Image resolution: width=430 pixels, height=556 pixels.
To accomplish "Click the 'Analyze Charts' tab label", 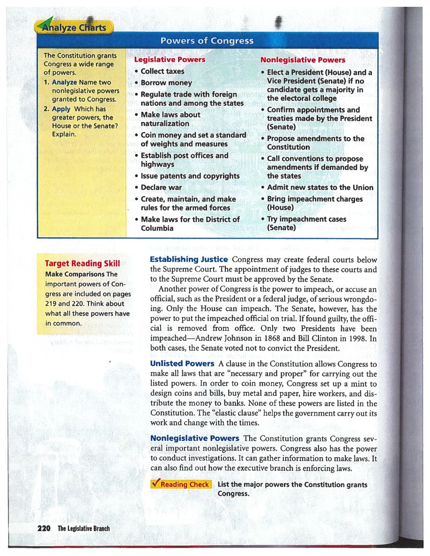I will [x=75, y=27].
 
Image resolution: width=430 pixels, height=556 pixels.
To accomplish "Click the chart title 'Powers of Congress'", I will [x=207, y=41].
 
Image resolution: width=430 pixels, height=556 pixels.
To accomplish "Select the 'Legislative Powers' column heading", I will [x=170, y=60].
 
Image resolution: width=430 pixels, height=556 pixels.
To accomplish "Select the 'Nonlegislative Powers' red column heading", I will [x=303, y=60].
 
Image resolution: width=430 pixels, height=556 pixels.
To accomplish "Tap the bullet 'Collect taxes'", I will [x=162, y=71].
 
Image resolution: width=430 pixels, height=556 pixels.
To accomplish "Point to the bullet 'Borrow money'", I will [x=166, y=83].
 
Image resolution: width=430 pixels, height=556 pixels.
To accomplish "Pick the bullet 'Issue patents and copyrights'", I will [x=190, y=176].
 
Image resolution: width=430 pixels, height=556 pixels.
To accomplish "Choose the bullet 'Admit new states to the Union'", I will [x=319, y=188].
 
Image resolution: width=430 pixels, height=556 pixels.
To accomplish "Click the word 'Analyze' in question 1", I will [x=65, y=82].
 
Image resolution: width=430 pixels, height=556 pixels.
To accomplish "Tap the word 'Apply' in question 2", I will [x=61, y=109].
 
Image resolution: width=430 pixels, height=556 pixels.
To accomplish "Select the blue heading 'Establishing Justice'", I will [x=189, y=259].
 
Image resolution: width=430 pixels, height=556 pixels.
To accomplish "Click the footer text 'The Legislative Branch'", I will [x=84, y=528].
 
